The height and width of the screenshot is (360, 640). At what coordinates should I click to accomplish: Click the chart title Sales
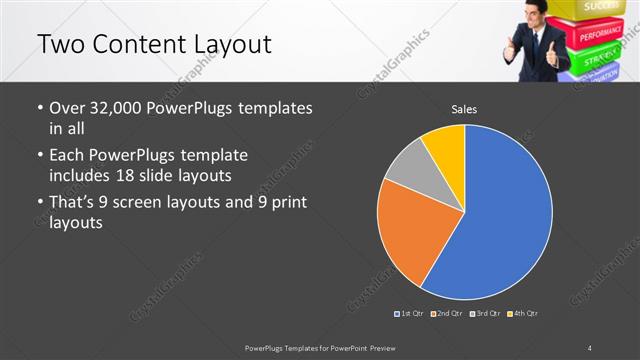464,108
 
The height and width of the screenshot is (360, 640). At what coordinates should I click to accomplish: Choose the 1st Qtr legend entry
410,314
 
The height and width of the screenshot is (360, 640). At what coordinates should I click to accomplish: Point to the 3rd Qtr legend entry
484,314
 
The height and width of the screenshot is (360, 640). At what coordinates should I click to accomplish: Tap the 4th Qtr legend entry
522,314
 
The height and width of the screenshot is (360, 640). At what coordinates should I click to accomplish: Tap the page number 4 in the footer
590,347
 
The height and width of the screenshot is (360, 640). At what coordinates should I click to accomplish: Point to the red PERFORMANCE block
601,33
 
